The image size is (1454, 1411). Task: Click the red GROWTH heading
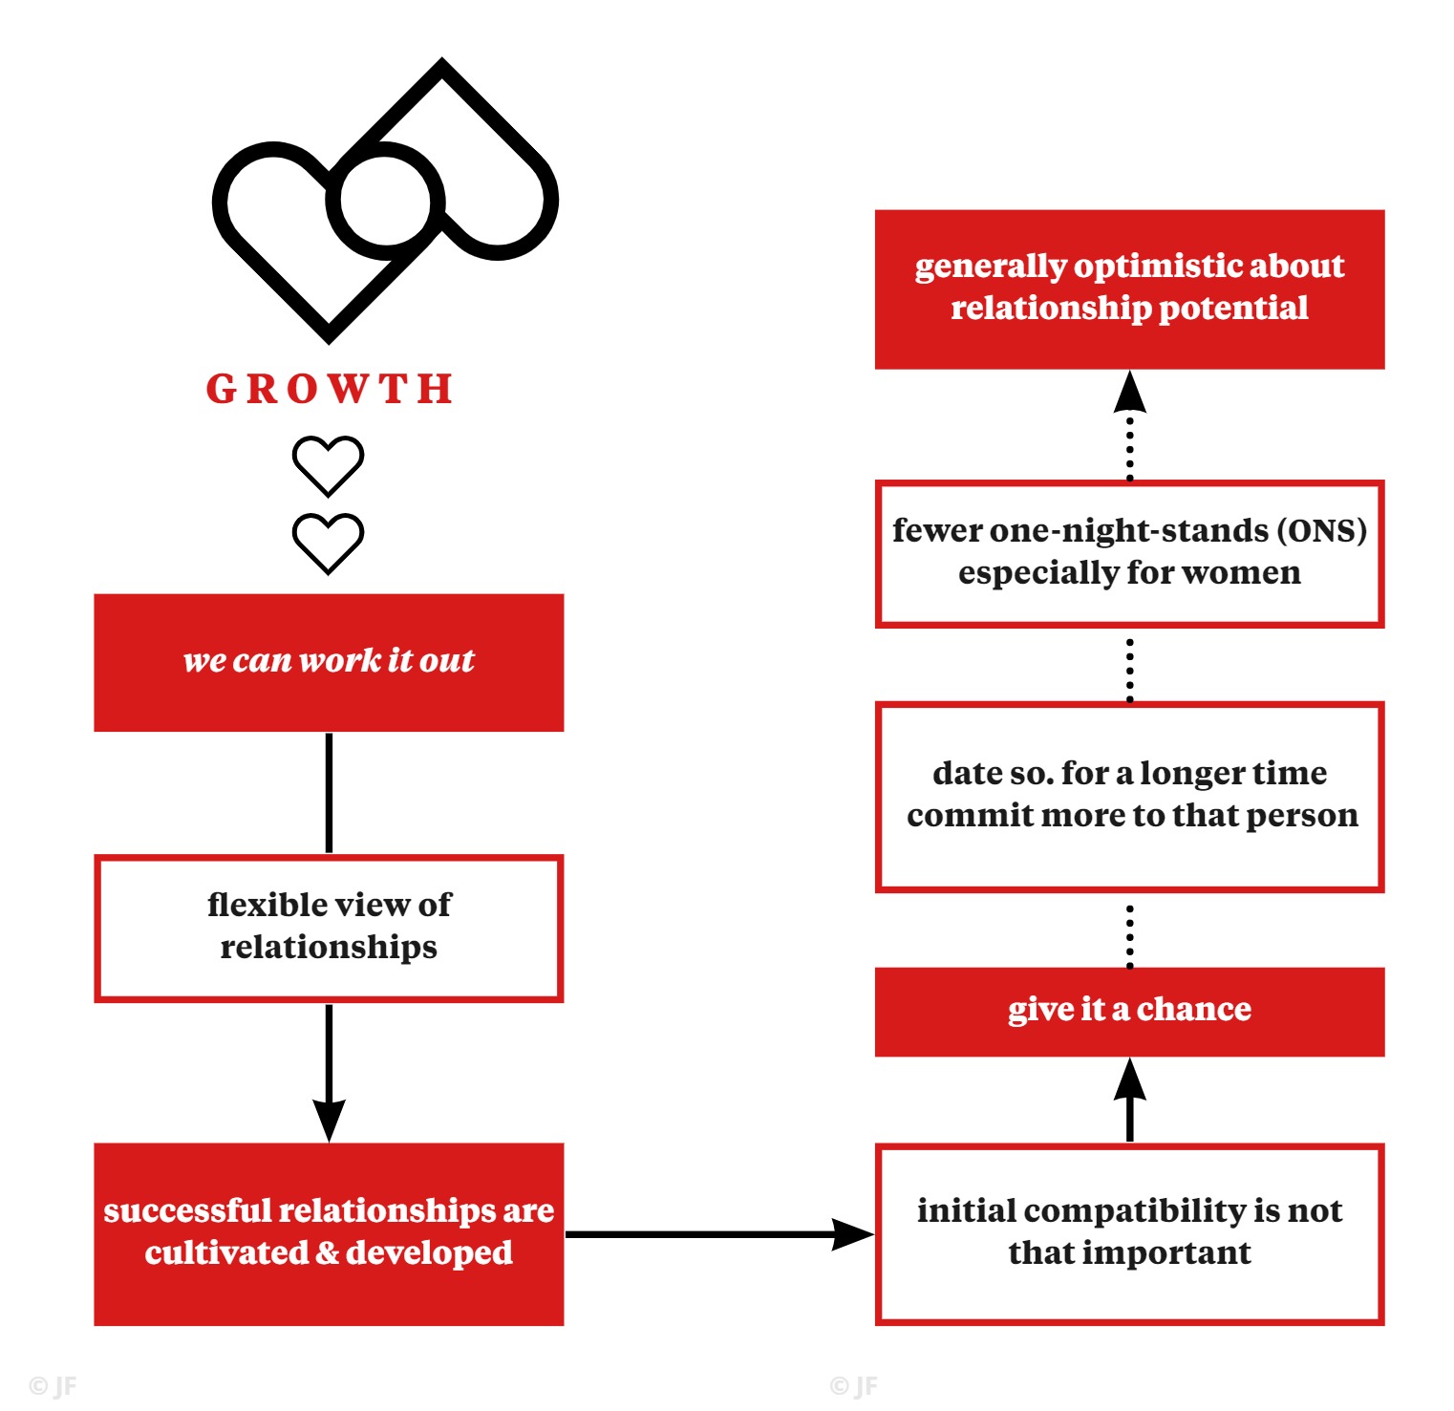click(x=330, y=389)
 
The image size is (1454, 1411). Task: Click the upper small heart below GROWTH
click(x=328, y=466)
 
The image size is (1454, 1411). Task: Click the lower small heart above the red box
click(x=328, y=544)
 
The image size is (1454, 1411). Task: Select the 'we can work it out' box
click(x=329, y=663)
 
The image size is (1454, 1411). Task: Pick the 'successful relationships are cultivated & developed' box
click(x=329, y=1233)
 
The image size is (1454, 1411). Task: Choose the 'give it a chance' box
click(x=1129, y=1012)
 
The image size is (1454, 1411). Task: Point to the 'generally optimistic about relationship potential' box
click(x=1129, y=289)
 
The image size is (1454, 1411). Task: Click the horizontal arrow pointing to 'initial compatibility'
click(x=719, y=1233)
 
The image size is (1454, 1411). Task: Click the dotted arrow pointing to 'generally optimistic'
click(x=1130, y=425)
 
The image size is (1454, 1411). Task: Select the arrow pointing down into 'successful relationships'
click(x=329, y=1073)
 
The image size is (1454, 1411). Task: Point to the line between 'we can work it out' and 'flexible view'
click(x=329, y=793)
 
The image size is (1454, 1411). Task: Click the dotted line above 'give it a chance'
click(x=1130, y=936)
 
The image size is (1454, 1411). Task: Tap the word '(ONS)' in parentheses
click(x=1322, y=530)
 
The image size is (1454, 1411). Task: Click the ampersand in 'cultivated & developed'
click(x=327, y=1252)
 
